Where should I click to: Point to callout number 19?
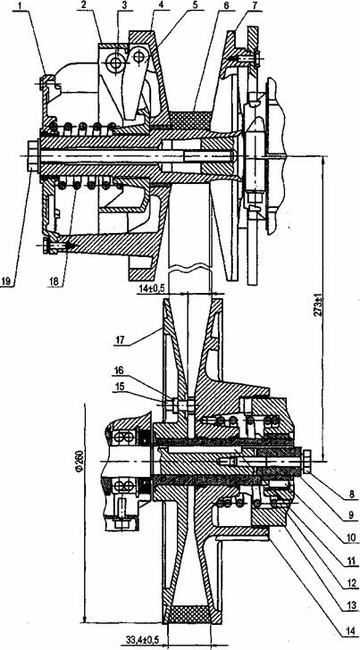point(5,281)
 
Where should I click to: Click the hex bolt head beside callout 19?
point(33,156)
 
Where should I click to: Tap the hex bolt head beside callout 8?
point(307,462)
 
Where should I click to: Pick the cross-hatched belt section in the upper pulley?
point(194,120)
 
